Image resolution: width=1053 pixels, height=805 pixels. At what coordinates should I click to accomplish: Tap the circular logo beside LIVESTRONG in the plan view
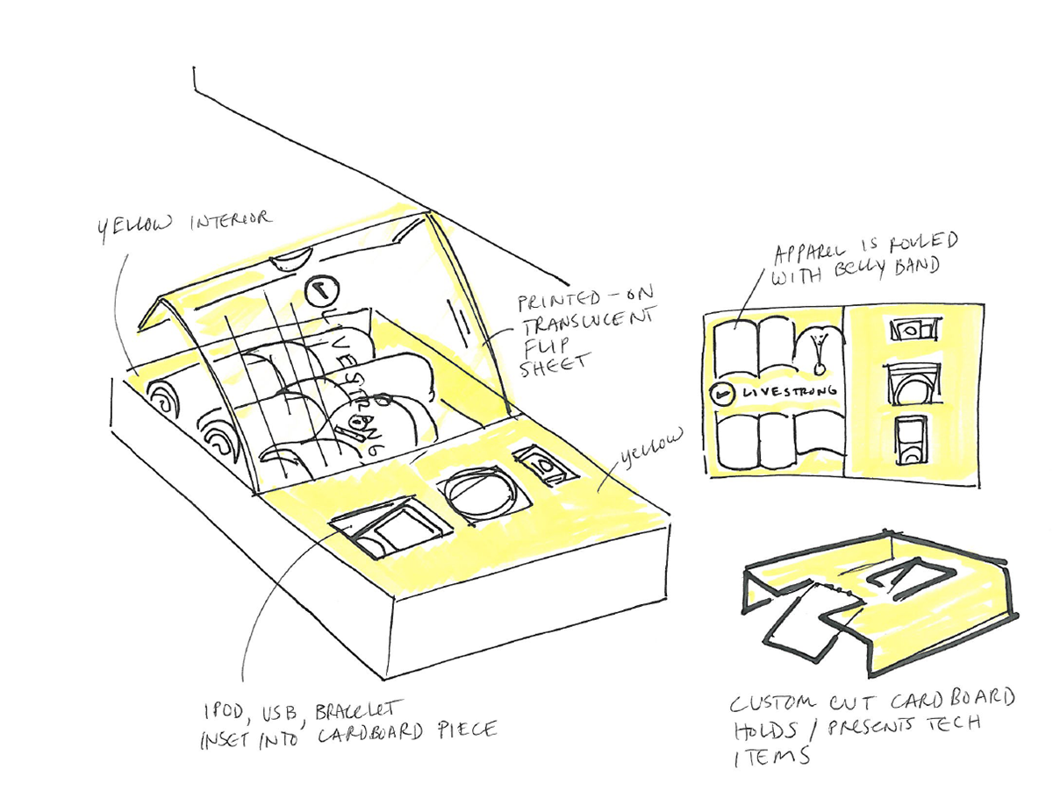pyautogui.click(x=722, y=395)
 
